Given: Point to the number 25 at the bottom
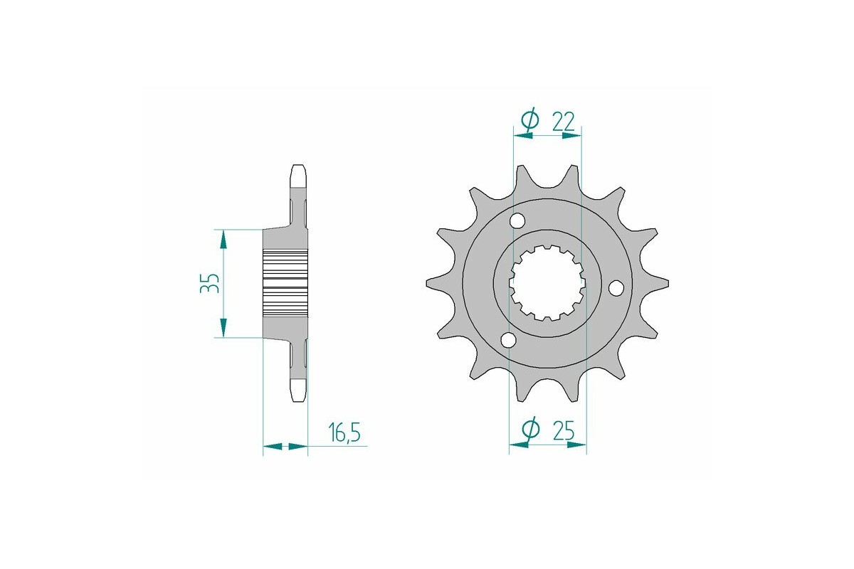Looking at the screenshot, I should [564, 431].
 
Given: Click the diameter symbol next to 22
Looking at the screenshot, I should [529, 122].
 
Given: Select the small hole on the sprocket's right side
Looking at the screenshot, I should [616, 287].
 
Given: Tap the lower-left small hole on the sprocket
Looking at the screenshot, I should [508, 341].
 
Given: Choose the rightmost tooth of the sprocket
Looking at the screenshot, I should [665, 283].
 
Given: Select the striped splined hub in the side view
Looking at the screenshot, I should [285, 283].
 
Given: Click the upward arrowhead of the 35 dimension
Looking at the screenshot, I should [224, 239].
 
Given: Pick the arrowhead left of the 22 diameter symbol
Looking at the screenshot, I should [522, 135].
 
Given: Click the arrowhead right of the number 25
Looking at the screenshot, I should [579, 447].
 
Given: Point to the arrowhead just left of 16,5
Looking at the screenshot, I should [299, 447].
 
